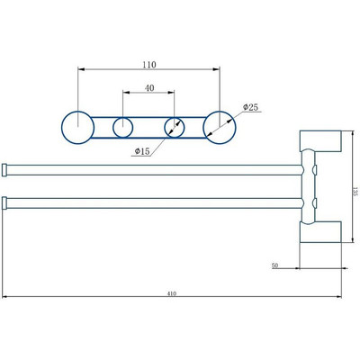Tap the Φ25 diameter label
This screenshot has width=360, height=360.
(x=251, y=108)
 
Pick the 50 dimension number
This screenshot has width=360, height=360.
(x=274, y=266)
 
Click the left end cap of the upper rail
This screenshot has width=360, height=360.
(x=6, y=168)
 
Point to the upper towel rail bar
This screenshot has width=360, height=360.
(x=153, y=168)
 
